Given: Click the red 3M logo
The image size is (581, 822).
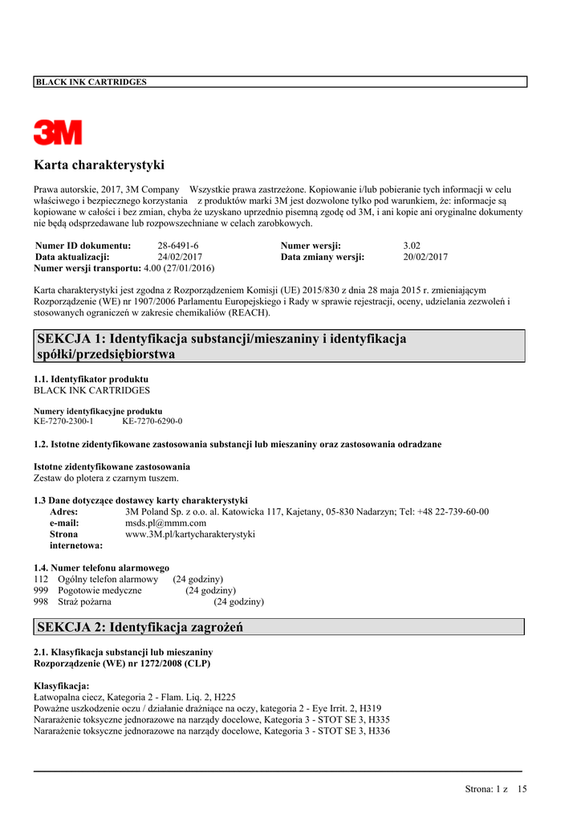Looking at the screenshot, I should click(58, 132).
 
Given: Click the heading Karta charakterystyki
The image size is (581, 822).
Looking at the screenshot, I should click(99, 165).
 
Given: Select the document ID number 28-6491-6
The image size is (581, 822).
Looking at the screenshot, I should click(178, 246).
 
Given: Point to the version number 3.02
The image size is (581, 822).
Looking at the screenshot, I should click(412, 246).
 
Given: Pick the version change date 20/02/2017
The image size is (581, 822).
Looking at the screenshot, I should click(425, 257).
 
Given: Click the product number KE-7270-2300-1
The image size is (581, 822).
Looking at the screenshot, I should click(63, 421).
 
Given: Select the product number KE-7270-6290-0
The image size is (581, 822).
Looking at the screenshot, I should click(152, 421).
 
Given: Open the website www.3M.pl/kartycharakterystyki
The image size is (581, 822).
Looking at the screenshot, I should click(190, 534).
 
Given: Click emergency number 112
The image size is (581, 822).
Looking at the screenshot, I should click(41, 579).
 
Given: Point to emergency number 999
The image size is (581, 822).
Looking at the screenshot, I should click(41, 590).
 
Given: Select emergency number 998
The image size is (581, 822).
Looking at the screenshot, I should click(41, 601).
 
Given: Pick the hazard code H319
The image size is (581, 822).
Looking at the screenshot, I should click(369, 708).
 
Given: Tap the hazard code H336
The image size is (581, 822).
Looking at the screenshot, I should click(377, 730).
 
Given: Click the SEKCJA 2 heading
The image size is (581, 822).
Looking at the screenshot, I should click(140, 627).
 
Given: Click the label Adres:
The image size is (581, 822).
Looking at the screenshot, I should click(63, 511).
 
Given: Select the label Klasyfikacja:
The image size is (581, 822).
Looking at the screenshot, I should click(61, 686).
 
